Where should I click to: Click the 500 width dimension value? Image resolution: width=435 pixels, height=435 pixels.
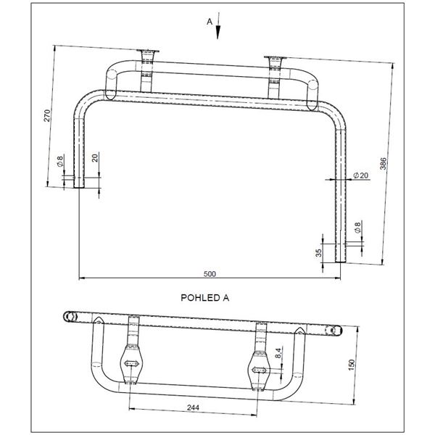point(210,274)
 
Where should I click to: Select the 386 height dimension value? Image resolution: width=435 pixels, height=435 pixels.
point(383,164)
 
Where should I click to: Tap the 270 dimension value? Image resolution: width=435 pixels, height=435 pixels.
point(47,115)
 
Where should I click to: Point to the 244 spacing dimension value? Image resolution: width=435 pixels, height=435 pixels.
point(193,407)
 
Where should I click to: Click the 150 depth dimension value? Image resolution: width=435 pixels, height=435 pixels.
point(351,365)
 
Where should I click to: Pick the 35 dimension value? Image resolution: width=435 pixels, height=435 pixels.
point(319,252)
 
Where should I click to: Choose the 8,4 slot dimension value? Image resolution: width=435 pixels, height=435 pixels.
point(279,352)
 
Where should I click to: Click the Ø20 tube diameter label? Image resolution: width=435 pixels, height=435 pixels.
point(360,175)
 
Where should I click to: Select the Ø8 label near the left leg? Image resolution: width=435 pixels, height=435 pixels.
point(60,161)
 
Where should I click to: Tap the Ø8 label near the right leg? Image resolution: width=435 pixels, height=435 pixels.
point(357,228)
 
